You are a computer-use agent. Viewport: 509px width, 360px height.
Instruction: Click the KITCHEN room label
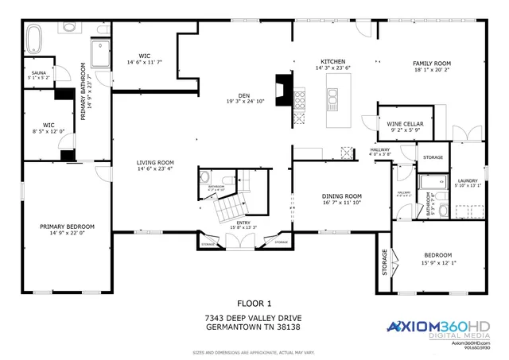332,61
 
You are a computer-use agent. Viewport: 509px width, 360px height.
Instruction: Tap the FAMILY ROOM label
431,62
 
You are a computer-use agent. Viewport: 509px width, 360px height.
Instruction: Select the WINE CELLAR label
405,125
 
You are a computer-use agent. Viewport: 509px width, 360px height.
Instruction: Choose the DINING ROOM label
341,195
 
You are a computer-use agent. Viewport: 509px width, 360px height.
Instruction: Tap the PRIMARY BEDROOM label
67,226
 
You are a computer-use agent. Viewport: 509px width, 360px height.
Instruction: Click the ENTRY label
243,223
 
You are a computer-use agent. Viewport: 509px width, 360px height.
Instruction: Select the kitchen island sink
332,99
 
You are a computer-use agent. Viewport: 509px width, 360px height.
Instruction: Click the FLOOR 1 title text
254,303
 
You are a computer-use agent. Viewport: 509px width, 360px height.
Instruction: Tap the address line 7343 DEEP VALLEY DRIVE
254,317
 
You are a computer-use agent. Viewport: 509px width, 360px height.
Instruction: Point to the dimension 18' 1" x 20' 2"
431,69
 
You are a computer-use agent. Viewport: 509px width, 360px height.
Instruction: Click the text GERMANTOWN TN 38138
254,327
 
